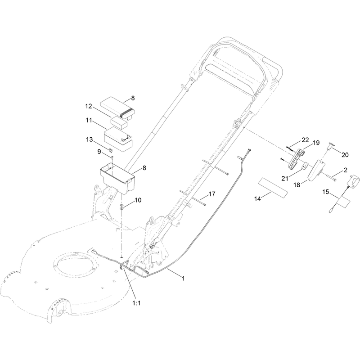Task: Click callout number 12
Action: click(89, 106)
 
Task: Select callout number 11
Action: click(89, 120)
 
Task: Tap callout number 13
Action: click(89, 139)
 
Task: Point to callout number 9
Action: click(99, 152)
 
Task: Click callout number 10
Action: click(138, 200)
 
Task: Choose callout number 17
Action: click(212, 194)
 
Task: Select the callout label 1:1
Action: click(136, 303)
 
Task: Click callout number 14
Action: click(257, 199)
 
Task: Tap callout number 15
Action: click(326, 192)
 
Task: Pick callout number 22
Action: click(305, 140)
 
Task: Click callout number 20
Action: click(345, 155)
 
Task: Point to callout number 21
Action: click(285, 178)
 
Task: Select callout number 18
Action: click(297, 185)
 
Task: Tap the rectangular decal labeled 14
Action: click(273, 187)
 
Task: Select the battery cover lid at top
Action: click(118, 108)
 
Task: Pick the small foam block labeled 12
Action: click(119, 123)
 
